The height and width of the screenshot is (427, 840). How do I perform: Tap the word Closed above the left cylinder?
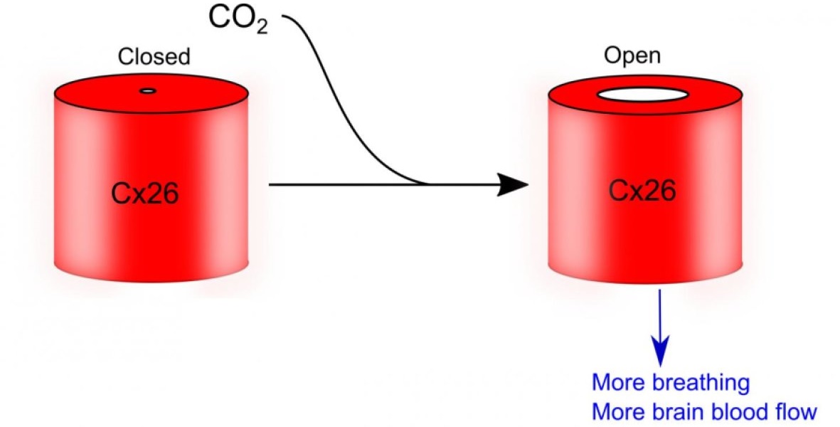tap(154, 56)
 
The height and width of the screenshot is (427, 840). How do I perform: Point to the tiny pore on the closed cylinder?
tap(148, 90)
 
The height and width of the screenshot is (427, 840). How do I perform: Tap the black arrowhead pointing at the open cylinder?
tap(513, 185)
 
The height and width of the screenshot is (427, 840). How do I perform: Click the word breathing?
tap(700, 384)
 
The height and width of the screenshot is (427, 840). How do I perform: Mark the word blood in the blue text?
tap(740, 411)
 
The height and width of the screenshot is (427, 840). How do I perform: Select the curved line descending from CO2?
tap(341, 107)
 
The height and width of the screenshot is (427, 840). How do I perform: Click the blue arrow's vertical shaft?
tap(661, 313)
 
